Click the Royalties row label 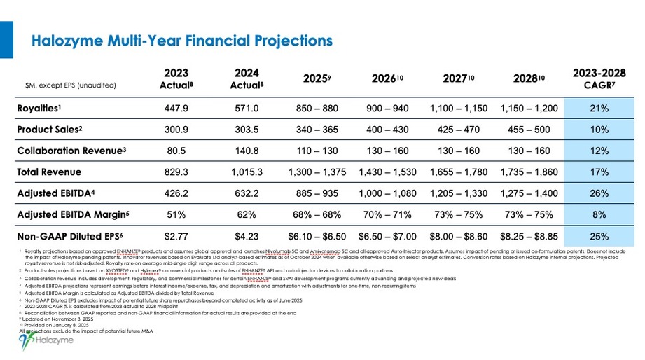[43, 109]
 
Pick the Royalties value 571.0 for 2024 [246, 109]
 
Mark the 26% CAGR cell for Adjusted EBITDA [599, 193]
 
